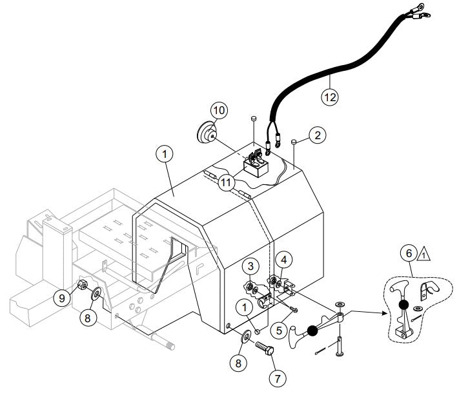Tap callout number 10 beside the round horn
pos(218,110)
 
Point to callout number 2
pos(316,135)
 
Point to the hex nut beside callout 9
pos(83,285)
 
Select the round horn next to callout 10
pos(207,134)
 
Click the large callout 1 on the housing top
pos(165,155)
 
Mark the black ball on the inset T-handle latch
pos(402,305)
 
